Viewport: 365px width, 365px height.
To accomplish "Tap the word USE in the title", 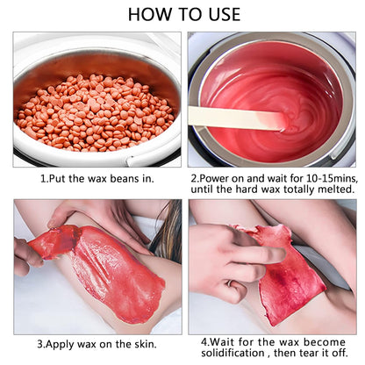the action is (225, 14).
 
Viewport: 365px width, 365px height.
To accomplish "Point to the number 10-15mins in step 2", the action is (332, 178).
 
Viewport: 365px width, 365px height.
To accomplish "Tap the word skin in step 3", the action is (144, 344).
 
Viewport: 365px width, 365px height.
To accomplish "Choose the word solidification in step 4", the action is (233, 353).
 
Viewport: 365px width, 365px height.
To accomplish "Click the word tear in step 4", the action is (307, 353).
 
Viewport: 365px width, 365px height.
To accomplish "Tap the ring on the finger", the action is (230, 283).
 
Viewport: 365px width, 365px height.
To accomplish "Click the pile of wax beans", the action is (96, 112).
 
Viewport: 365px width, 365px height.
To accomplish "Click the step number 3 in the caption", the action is (40, 344).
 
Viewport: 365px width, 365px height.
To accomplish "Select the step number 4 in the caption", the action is (204, 342).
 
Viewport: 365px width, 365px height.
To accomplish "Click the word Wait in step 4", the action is (223, 342).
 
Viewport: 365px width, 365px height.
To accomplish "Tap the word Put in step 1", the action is (57, 178).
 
